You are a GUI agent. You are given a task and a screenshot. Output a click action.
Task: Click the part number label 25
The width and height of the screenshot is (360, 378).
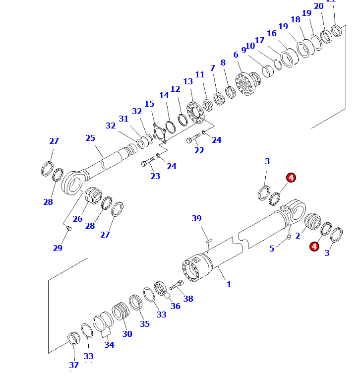[90, 138]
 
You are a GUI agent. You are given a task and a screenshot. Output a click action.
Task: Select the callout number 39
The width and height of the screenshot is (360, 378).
[197, 219]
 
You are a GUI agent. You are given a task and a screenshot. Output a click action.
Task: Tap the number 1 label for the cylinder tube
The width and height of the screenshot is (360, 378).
[229, 284]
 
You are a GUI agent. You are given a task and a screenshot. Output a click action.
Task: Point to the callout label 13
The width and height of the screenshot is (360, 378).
[188, 81]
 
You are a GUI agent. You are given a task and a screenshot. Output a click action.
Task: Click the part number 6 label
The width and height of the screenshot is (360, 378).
[236, 55]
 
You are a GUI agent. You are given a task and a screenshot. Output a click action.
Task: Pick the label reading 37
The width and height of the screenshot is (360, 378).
[74, 365]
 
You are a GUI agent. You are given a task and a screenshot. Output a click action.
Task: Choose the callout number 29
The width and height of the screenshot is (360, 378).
[58, 248]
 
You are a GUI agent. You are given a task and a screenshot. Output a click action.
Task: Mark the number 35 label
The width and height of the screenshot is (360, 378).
[144, 324]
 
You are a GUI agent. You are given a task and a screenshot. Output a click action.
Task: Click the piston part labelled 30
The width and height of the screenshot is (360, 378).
[121, 312]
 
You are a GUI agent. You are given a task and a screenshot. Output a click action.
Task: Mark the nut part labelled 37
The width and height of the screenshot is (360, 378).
[74, 340]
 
